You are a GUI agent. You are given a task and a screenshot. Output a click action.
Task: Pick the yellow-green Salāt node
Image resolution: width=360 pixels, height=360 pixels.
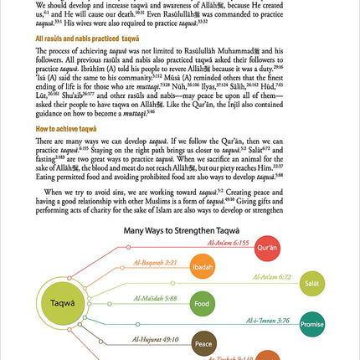[x=311, y=285]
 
